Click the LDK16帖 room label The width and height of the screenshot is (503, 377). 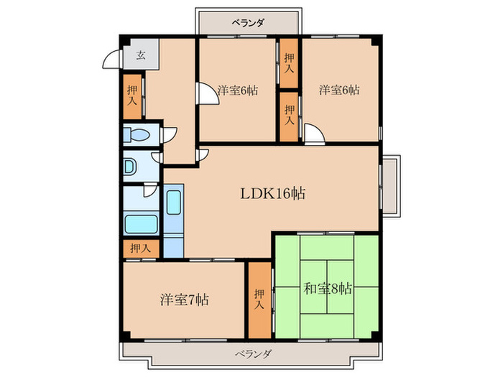[x=272, y=193]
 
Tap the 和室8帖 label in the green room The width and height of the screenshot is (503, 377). [x=328, y=289]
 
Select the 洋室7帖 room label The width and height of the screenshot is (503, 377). [x=185, y=299]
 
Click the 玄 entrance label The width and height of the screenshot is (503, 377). [x=141, y=55]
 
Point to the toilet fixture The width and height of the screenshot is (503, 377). [x=137, y=135]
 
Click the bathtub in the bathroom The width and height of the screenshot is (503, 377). [x=141, y=224]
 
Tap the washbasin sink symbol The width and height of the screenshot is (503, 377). [x=130, y=167]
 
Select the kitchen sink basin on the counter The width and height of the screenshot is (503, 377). [x=174, y=203]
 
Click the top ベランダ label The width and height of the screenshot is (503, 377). [x=249, y=23]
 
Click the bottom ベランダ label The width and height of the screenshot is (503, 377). [x=254, y=354]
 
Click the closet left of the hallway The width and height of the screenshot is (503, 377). [x=132, y=97]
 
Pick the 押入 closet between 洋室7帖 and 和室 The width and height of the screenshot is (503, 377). [x=260, y=300]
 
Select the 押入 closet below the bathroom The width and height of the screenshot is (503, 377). [x=141, y=248]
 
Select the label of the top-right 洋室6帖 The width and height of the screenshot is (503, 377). [x=338, y=90]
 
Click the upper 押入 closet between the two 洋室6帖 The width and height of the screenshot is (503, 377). [x=289, y=63]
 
